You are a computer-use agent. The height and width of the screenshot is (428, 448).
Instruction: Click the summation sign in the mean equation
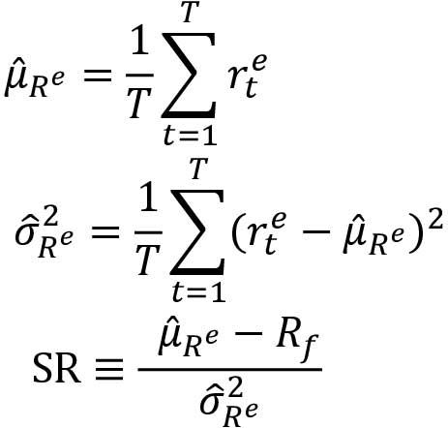(189, 75)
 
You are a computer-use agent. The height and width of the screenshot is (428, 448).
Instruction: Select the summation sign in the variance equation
(197, 231)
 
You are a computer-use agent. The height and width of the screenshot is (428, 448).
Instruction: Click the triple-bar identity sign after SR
(108, 369)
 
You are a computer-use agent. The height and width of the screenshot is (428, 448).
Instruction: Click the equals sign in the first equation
(98, 76)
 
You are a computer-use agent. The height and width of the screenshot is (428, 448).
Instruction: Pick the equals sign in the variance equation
(105, 232)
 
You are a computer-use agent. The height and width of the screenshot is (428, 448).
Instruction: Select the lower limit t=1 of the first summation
(190, 137)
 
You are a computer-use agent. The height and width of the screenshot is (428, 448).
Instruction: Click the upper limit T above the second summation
(199, 169)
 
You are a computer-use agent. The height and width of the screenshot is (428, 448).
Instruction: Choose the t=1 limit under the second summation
(198, 292)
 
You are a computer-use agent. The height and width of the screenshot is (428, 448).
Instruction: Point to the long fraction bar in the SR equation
(230, 369)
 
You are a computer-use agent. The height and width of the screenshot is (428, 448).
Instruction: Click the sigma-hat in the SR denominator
(210, 403)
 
